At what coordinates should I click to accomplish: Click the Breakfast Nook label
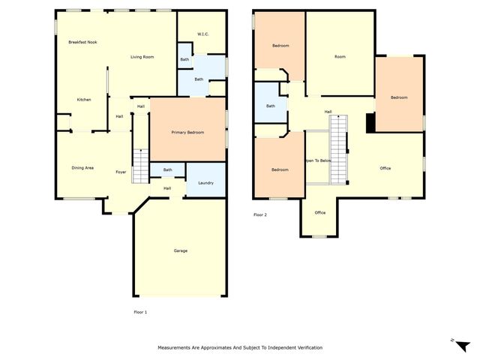[x=82, y=42]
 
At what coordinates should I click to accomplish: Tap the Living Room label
[x=142, y=57]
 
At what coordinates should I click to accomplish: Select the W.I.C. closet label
[x=202, y=34]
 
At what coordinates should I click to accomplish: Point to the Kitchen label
[x=84, y=100]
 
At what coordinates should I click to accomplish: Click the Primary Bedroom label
[x=187, y=132]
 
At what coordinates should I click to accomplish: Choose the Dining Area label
[x=82, y=168]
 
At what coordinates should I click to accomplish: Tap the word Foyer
[x=121, y=172]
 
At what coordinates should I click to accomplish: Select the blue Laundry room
[x=205, y=183]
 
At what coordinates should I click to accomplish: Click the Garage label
[x=180, y=250]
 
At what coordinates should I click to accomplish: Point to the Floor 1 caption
[x=140, y=311]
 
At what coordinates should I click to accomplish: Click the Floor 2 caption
[x=260, y=215]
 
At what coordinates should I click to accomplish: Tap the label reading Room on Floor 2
[x=340, y=57]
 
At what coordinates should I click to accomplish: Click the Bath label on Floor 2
[x=270, y=106]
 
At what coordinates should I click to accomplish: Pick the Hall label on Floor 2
[x=328, y=112]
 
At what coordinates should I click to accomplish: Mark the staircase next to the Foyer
[x=141, y=165]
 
